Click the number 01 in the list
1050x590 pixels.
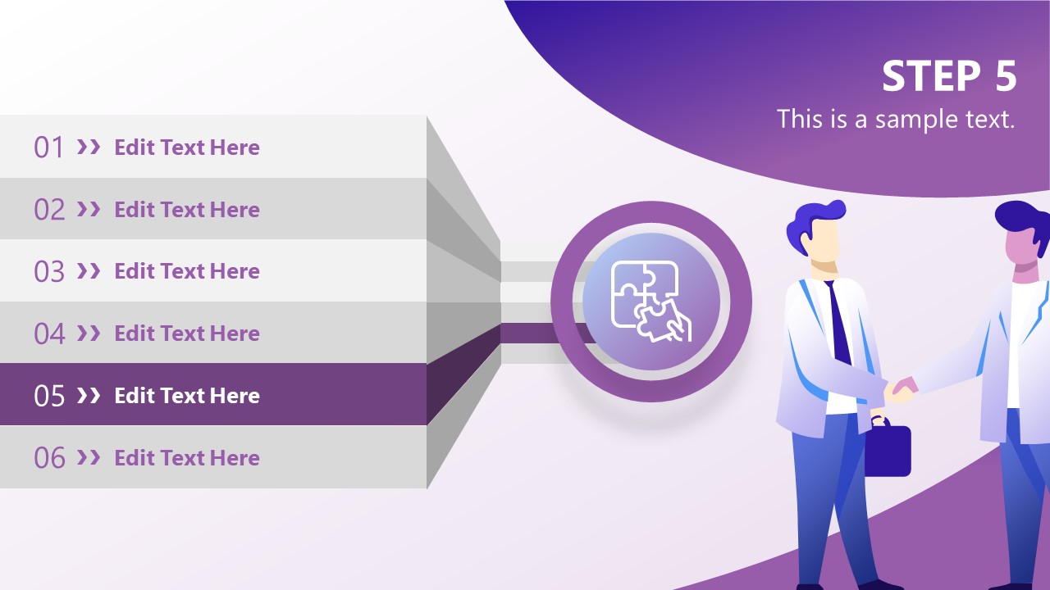coord(48,147)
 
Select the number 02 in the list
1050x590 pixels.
coord(48,210)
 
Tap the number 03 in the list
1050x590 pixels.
coord(48,271)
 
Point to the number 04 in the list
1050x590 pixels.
coord(48,334)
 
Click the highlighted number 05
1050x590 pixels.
coord(48,396)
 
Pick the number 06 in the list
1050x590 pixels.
coord(48,458)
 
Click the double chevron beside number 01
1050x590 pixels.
coord(89,147)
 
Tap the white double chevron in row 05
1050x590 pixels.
coord(89,396)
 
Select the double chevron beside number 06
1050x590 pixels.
coord(89,458)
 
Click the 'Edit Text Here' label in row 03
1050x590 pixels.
coord(187,271)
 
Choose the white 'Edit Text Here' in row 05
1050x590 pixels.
coord(187,396)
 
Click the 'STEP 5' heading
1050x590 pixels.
coord(949,77)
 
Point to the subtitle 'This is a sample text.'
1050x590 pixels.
coord(896,120)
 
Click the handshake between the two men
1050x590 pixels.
coord(900,390)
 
